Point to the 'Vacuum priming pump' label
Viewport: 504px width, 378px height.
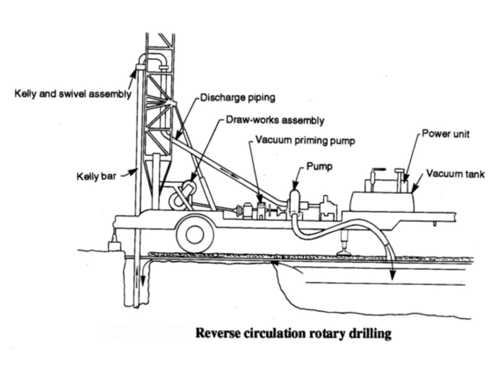305,141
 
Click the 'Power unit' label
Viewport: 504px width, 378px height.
446,134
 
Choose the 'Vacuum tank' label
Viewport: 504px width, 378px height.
455,173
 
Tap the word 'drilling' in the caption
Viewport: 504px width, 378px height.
371,334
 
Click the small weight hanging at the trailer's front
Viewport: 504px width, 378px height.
114,245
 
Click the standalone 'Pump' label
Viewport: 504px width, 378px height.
319,166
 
